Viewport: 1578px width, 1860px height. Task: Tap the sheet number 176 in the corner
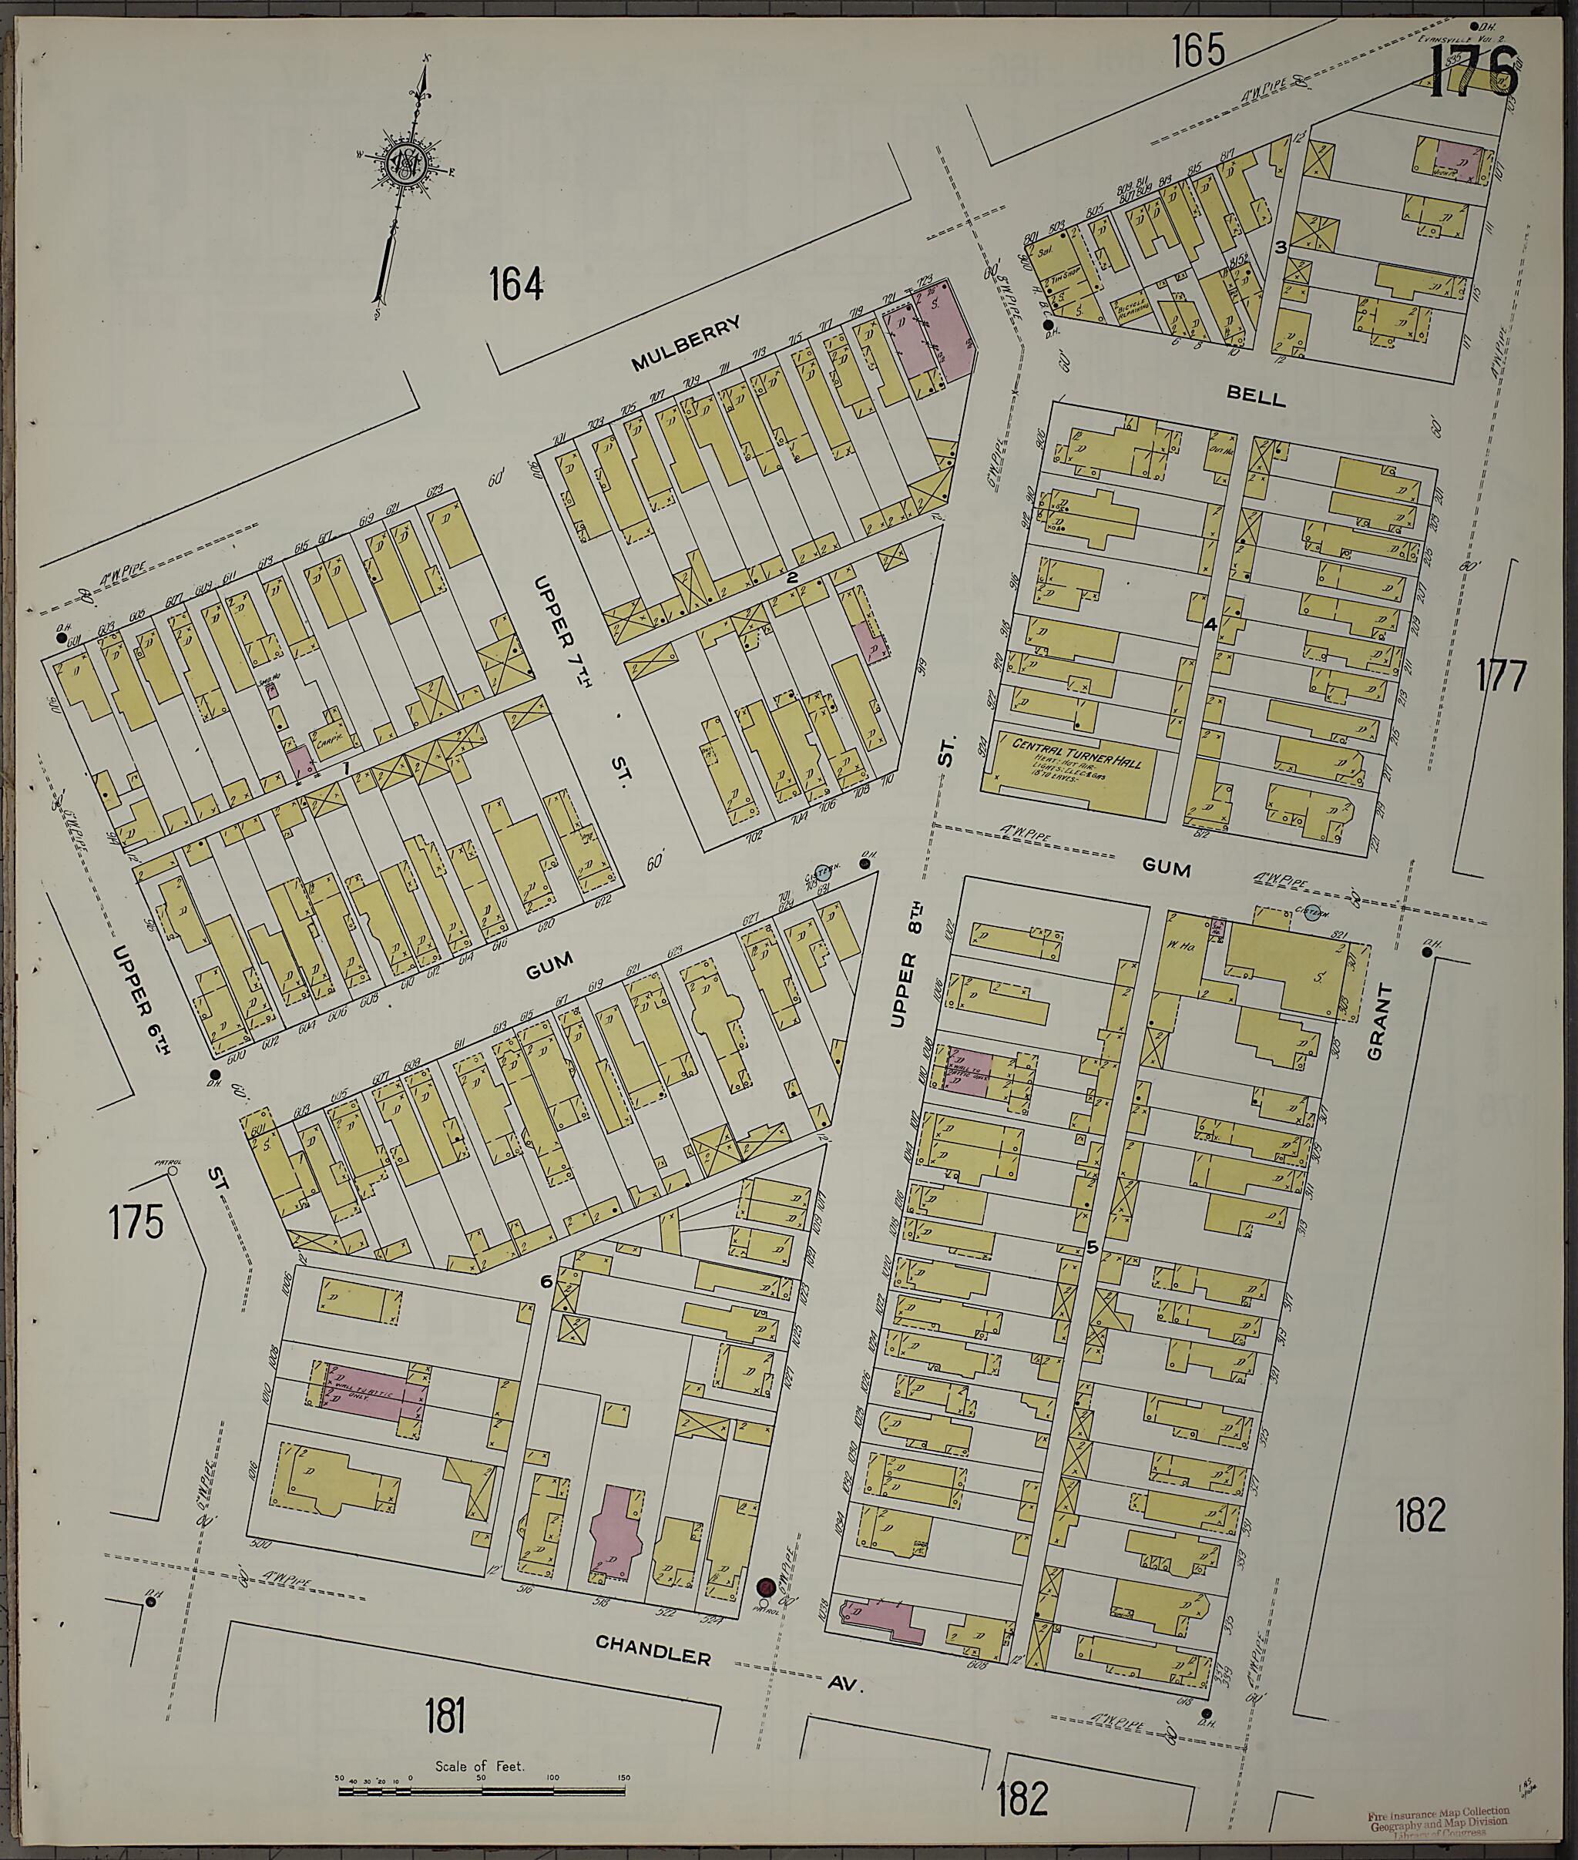(1472, 72)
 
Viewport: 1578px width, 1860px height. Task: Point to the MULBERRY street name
(686, 343)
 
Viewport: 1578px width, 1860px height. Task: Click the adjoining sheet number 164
(516, 287)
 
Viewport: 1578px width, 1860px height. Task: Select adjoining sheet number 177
(1500, 677)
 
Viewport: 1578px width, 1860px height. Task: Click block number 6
(545, 1281)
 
